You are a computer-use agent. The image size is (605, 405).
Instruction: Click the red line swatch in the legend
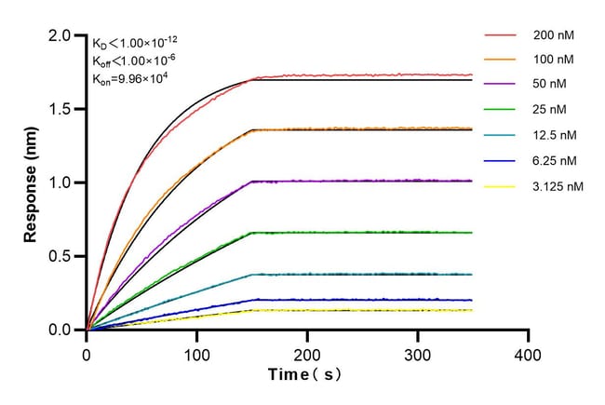pos(501,35)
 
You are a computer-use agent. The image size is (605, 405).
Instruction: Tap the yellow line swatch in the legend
pos(501,186)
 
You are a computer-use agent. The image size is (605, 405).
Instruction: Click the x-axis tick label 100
pos(196,354)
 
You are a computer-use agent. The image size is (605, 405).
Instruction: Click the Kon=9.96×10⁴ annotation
pos(135,78)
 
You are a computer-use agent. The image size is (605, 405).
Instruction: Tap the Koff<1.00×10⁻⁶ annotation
pos(135,61)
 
